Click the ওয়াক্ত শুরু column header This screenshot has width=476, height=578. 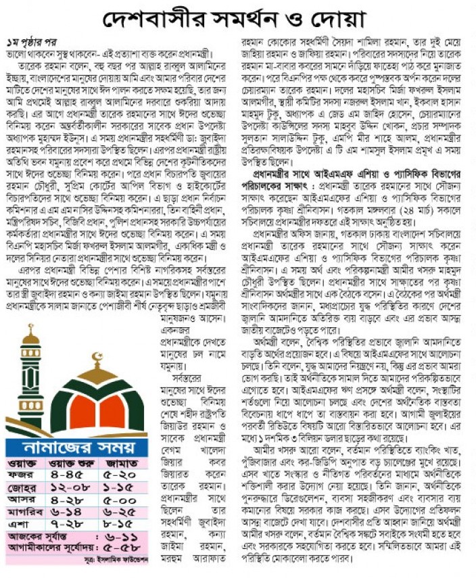pos(72,463)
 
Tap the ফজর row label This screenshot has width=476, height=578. pos(22,476)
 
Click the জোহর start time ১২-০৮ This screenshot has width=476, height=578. pos(71,489)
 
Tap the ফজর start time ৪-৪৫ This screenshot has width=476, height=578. pos(71,476)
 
